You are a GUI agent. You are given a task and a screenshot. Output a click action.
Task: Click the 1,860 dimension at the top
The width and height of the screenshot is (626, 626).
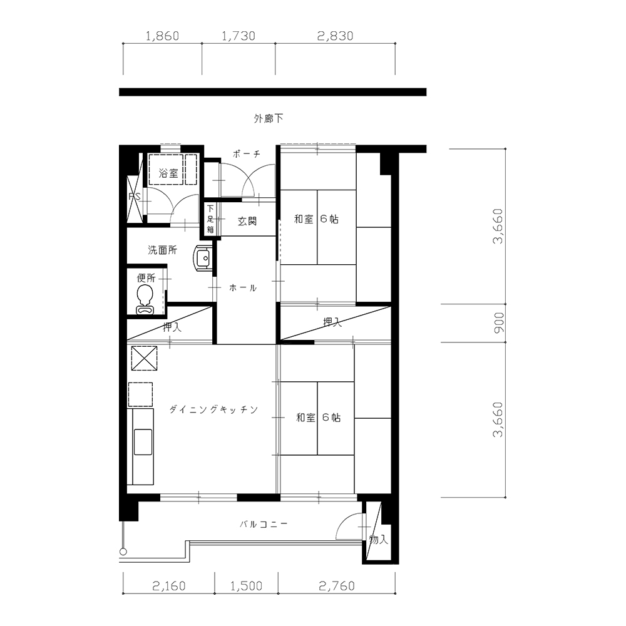click(x=162, y=36)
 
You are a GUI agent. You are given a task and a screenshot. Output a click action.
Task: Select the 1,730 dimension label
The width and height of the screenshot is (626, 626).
click(x=238, y=36)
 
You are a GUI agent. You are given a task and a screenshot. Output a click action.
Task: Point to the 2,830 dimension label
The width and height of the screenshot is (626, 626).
click(x=336, y=36)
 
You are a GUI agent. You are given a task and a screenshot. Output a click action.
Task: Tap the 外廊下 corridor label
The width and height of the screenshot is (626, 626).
click(x=269, y=118)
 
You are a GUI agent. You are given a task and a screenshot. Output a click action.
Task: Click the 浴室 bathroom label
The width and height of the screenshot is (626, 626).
click(x=168, y=173)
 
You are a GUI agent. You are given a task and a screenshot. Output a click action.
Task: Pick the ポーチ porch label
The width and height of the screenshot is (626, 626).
click(x=247, y=154)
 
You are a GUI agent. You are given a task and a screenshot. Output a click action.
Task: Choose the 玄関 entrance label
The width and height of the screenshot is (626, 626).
click(x=247, y=221)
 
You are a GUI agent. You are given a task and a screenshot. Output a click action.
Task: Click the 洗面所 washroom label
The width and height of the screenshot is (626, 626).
click(x=162, y=250)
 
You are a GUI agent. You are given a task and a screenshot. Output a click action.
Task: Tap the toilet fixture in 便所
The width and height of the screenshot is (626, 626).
click(x=144, y=300)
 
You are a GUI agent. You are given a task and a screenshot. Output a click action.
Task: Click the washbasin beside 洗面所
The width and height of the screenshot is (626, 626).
click(x=203, y=258)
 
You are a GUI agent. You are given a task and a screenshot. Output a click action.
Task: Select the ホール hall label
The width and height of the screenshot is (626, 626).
click(x=243, y=288)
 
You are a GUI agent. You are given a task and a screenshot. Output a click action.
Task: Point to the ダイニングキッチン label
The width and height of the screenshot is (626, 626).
click(x=213, y=409)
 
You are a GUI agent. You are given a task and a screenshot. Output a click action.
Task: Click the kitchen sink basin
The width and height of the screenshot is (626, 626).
click(x=143, y=442)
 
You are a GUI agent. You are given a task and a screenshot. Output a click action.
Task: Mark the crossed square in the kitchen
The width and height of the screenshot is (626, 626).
click(x=144, y=358)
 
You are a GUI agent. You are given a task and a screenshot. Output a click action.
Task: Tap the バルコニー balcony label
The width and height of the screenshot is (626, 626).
click(x=264, y=524)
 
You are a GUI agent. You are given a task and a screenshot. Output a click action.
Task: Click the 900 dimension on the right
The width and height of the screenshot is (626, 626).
click(x=499, y=323)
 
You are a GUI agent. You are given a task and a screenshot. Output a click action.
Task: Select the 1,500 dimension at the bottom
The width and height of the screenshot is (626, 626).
click(x=246, y=586)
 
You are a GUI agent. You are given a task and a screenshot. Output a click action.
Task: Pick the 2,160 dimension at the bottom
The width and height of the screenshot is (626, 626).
click(x=169, y=586)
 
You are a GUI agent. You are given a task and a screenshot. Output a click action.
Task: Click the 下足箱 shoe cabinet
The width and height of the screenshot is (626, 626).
click(x=210, y=219)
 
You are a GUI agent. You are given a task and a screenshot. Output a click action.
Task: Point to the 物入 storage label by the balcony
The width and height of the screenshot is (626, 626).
click(x=378, y=540)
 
